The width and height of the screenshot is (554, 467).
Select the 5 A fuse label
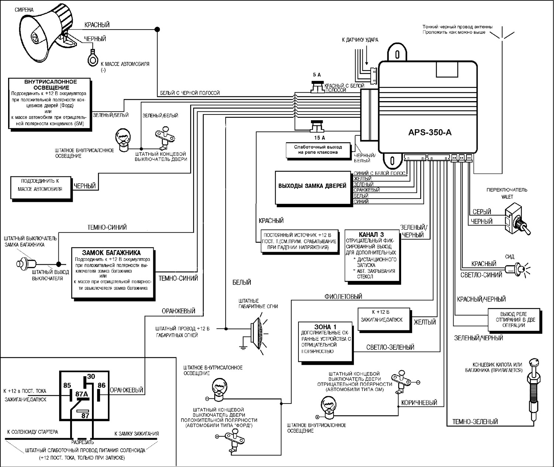317,75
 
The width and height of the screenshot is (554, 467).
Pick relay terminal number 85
67,385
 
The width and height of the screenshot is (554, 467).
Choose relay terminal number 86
101,385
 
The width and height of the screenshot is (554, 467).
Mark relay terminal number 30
91,377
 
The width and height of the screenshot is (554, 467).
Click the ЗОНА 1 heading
325,327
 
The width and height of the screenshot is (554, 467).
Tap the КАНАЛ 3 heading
371,234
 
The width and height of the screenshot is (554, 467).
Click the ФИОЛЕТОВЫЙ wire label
343,296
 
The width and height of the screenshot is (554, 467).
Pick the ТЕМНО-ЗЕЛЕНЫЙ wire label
475,422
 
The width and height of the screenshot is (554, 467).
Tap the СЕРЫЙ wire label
482,212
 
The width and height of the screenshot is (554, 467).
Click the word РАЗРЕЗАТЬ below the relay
82,442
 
